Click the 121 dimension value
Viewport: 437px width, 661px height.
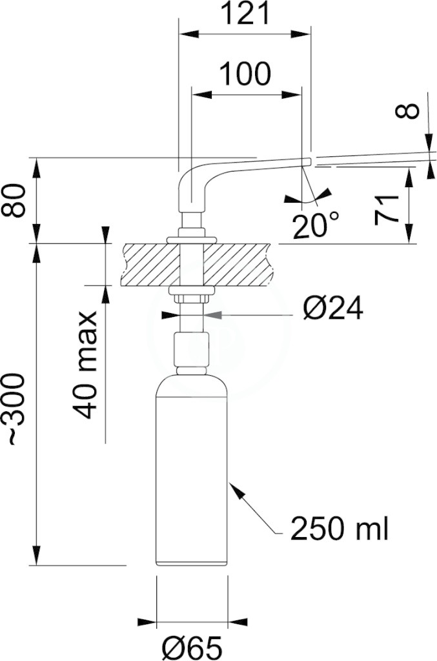245,14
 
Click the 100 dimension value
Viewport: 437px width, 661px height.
245,74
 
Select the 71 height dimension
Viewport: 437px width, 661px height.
387,210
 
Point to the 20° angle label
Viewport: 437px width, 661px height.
316,225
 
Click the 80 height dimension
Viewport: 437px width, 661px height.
15,200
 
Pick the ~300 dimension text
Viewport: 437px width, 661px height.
17,409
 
